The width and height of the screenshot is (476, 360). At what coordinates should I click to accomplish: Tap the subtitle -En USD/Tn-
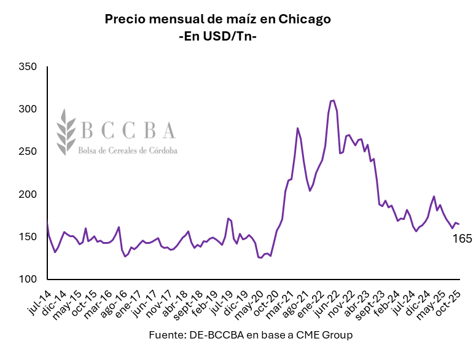[x=217, y=36]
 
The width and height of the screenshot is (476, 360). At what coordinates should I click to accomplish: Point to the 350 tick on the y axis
[x=28, y=66]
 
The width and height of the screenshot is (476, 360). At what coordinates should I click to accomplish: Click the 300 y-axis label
[x=28, y=109]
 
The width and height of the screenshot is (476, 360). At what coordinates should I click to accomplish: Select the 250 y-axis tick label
[x=28, y=152]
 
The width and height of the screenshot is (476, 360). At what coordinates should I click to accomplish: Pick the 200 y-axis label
[x=28, y=195]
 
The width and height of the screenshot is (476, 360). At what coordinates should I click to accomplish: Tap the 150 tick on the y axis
[x=28, y=237]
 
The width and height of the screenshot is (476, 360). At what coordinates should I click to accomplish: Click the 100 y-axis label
[x=28, y=280]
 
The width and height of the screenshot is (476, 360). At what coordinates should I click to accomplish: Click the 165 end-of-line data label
[x=462, y=238]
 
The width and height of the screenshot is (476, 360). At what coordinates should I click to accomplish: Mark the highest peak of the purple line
[x=332, y=100]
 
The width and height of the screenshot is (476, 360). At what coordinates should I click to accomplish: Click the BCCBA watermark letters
[x=128, y=130]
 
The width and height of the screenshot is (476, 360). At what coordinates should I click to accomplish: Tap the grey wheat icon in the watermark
[x=66, y=131]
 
